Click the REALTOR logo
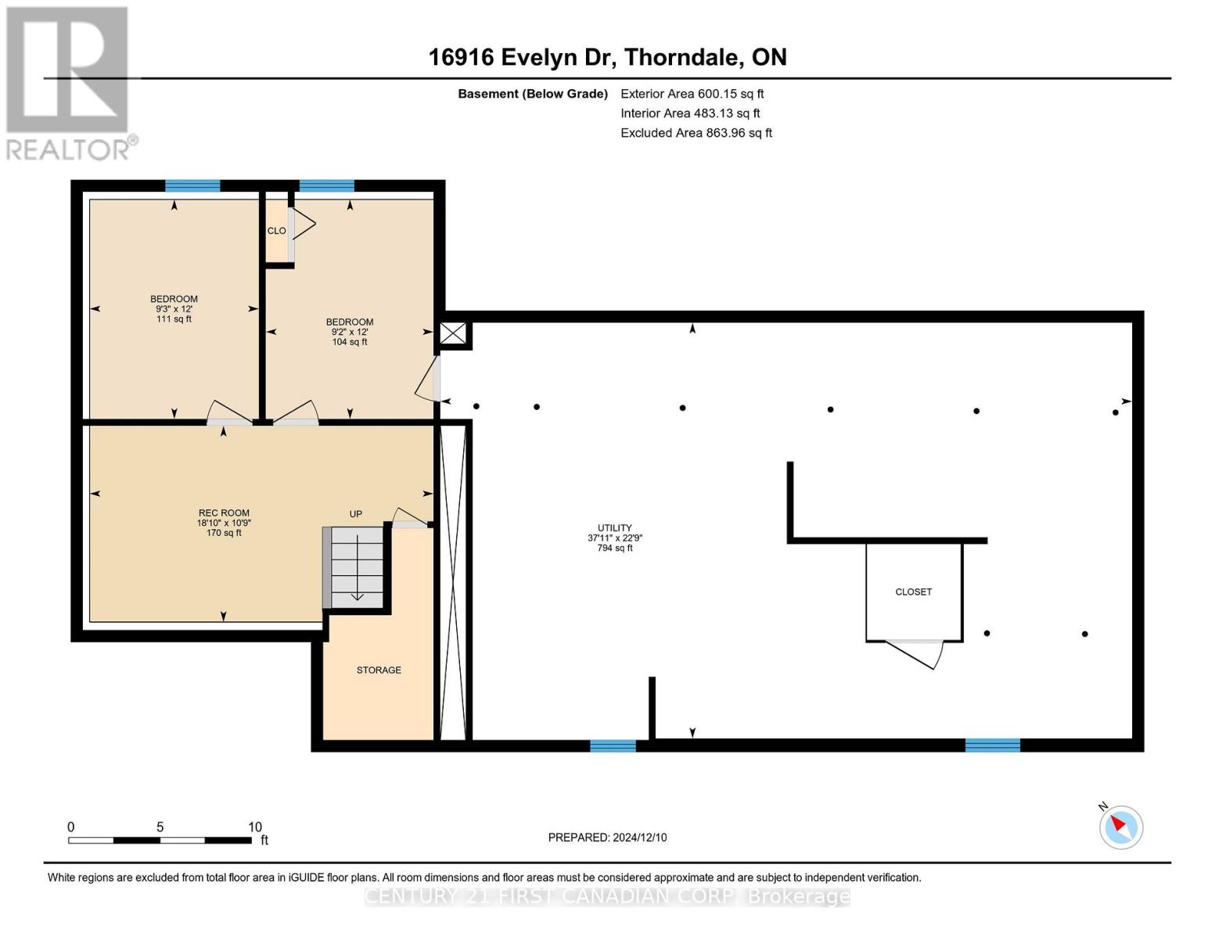[69, 82]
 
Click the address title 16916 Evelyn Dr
[607, 57]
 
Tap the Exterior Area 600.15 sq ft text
[692, 94]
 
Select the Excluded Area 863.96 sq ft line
[696, 133]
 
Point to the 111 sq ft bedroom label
[174, 308]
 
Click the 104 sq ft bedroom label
[350, 332]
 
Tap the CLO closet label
[276, 231]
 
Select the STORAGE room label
[379, 671]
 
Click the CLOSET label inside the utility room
[913, 592]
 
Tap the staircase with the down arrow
[357, 567]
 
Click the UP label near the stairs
[356, 514]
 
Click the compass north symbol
[1121, 826]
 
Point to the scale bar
[160, 840]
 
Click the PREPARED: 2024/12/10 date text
[607, 838]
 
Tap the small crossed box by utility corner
[452, 333]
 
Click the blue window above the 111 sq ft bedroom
[192, 185]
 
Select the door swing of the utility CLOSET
[914, 654]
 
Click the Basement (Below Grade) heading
[533, 94]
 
